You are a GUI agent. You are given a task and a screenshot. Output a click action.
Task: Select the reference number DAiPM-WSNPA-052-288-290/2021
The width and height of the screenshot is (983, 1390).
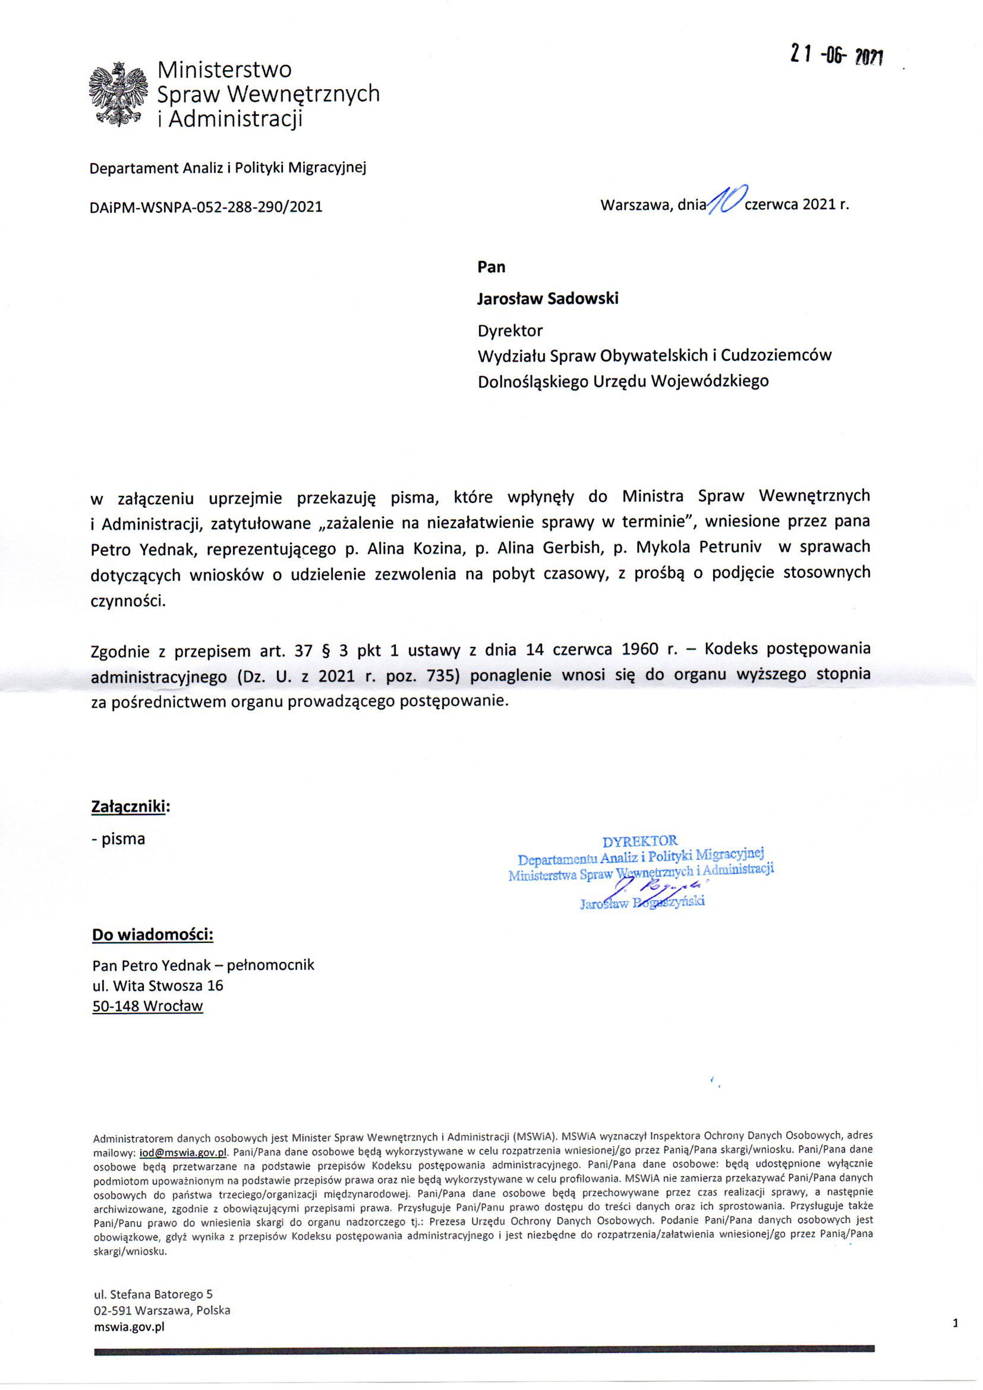(x=206, y=207)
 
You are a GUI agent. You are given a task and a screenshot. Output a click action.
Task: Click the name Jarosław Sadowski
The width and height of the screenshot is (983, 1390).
(x=548, y=298)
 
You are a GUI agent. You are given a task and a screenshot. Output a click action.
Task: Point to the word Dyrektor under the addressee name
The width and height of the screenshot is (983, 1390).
(x=510, y=331)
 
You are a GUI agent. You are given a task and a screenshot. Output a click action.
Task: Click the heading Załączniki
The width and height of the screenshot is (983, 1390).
(x=130, y=806)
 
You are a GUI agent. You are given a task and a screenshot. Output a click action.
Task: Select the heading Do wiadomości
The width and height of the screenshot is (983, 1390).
(x=153, y=935)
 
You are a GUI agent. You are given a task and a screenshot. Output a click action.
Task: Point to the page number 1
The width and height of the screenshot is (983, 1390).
(x=955, y=1323)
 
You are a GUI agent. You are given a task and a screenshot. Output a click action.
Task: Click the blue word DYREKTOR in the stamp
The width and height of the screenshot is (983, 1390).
(x=640, y=841)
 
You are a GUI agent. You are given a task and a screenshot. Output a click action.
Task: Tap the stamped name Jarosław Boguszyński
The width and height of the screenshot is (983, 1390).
(x=642, y=903)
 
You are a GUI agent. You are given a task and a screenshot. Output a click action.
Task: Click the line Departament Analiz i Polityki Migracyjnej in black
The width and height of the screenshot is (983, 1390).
(x=228, y=168)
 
